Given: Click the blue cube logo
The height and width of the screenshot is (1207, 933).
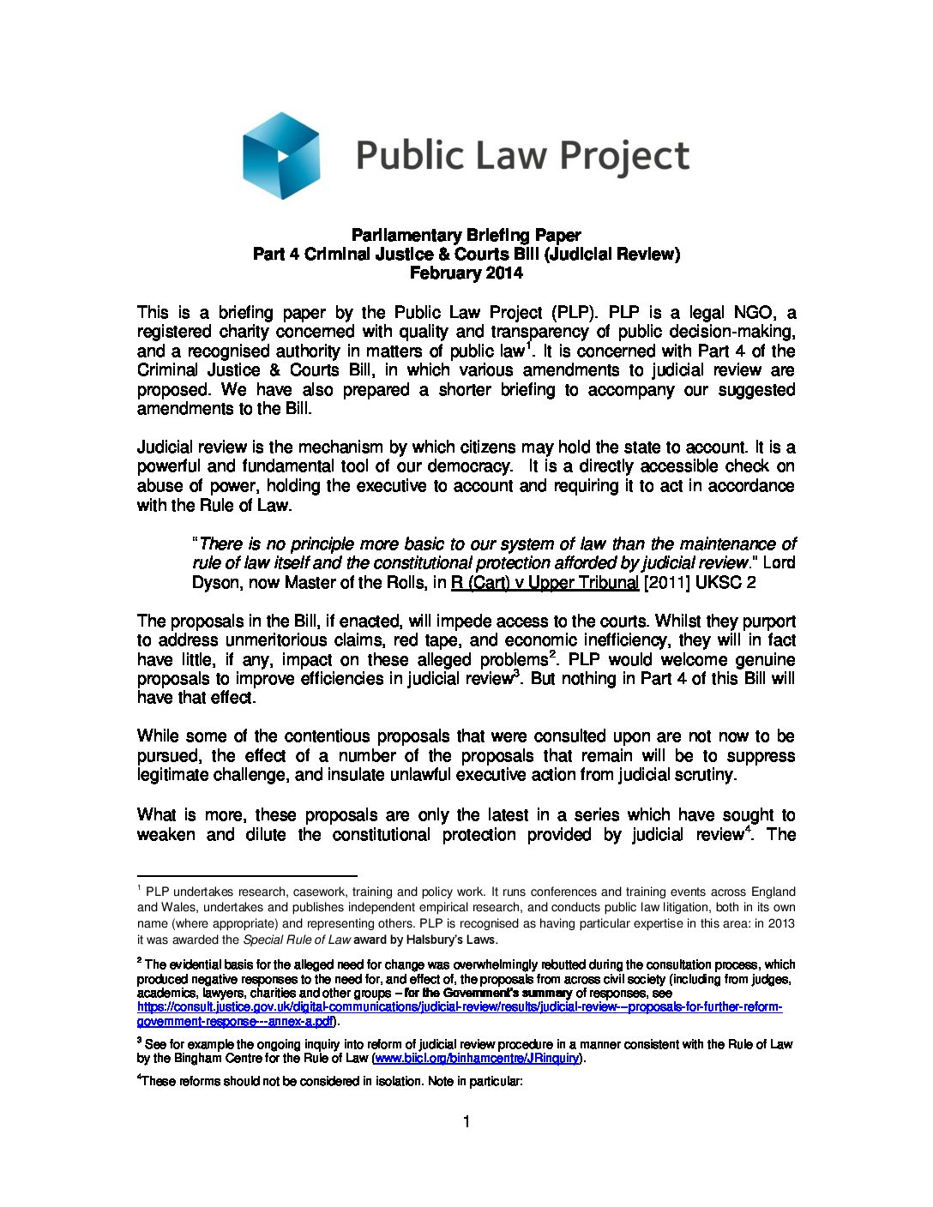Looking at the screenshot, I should pos(281,156).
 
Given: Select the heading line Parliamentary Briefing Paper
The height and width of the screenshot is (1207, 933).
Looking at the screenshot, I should pos(466,235).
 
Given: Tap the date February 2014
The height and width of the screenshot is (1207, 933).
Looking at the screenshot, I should pos(466,273).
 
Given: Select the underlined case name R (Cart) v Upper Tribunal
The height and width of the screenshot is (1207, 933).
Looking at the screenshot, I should pos(545,583).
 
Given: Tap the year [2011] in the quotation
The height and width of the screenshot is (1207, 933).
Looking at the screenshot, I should pos(667,583).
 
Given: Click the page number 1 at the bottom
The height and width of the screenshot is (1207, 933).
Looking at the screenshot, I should pos(466,1122).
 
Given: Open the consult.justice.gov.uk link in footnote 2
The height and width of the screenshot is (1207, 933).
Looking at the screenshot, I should pos(460,1007).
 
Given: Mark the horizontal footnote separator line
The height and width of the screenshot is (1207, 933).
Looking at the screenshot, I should pos(247,876).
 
